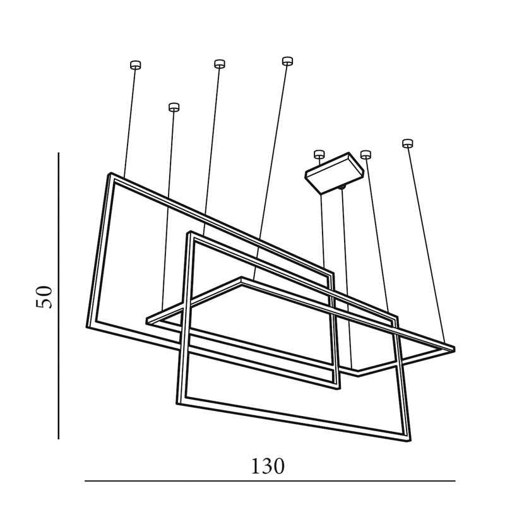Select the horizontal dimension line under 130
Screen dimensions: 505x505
coord(270,481)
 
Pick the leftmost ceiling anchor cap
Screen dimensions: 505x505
coord(135,64)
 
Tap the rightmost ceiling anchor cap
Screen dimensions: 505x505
coord(408,143)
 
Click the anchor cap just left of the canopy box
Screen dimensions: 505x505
coord(319,153)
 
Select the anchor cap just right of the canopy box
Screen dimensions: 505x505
coord(365,154)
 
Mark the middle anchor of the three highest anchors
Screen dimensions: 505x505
coord(219,63)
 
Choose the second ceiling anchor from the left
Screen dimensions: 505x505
coord(174,107)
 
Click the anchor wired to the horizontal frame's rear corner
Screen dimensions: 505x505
coord(287,61)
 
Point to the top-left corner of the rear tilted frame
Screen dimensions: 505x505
coord(110,174)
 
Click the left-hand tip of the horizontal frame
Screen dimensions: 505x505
coord(148,321)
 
